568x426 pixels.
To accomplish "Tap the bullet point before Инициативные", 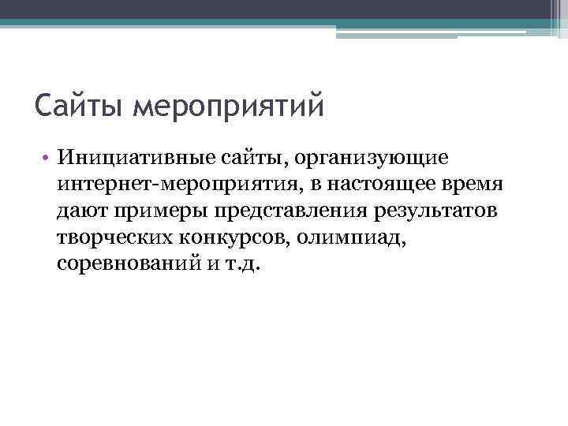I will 47,158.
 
